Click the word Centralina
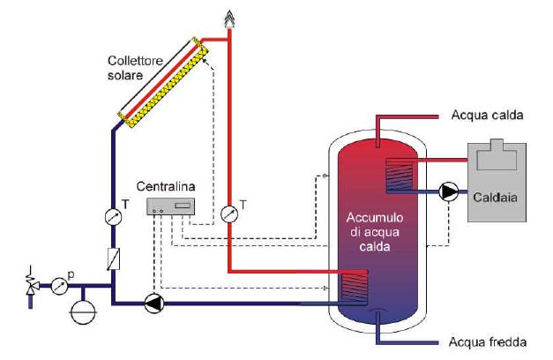click(x=167, y=187)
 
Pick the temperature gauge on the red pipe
click(x=228, y=213)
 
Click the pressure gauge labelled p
click(x=59, y=285)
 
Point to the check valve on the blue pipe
click(x=112, y=258)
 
